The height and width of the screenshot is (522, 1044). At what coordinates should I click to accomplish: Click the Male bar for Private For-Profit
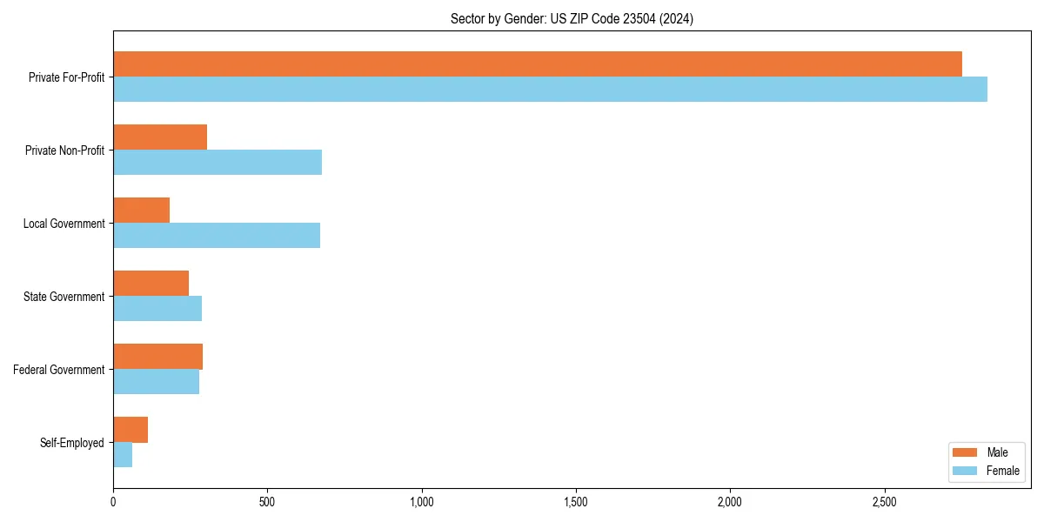click(538, 64)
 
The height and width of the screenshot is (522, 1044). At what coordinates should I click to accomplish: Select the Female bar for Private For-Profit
click(550, 90)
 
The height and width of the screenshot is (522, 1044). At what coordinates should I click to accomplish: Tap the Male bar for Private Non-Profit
click(160, 137)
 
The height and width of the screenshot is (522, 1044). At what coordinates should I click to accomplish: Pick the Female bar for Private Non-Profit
click(217, 163)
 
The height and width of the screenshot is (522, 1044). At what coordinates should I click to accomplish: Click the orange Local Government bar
click(141, 211)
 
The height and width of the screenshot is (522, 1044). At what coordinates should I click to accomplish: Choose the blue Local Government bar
click(217, 236)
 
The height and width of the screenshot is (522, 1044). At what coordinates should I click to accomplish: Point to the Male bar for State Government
click(151, 284)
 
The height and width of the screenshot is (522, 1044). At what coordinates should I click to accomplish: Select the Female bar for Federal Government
click(156, 382)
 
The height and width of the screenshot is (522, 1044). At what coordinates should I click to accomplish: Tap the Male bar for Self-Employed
click(130, 430)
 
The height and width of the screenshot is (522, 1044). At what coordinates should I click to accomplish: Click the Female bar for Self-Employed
click(123, 455)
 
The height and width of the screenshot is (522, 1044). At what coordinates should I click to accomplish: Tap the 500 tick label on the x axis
click(267, 502)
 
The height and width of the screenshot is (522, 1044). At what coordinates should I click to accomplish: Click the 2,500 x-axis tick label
click(884, 502)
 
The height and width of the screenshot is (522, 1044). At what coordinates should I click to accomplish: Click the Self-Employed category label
click(72, 443)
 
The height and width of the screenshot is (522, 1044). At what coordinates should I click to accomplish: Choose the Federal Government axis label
click(59, 370)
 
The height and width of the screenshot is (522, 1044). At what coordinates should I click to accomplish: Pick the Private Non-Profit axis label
click(64, 151)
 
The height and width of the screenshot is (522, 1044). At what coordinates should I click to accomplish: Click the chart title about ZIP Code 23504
click(572, 19)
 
